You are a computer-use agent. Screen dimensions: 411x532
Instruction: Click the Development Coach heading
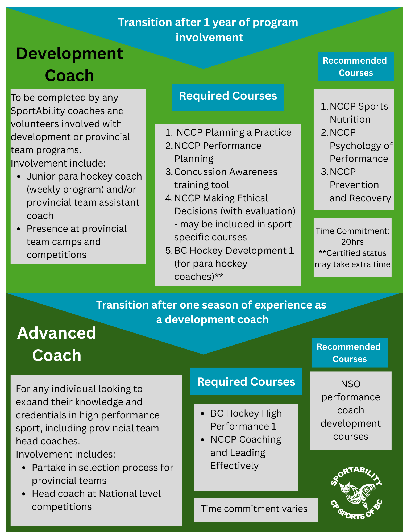point(70,64)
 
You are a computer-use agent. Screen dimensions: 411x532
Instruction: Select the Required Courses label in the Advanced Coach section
point(246,381)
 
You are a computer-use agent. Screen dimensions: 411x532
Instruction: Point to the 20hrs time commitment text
point(352,242)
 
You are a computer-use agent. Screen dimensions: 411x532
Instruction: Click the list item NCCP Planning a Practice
point(228,132)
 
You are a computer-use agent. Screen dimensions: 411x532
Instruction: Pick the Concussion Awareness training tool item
point(221,178)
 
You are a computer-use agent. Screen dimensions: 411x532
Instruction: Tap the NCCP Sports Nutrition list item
point(354,113)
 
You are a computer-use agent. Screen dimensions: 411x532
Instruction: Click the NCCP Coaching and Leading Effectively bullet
point(241,452)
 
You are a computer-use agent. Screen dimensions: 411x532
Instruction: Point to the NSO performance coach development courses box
point(351,411)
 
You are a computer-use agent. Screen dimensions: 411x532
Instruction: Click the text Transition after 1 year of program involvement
point(208,30)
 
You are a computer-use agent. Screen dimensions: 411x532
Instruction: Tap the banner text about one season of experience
point(211,312)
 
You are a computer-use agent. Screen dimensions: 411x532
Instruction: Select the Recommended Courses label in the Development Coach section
point(356,66)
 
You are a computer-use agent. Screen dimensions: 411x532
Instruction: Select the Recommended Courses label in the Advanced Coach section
point(350,353)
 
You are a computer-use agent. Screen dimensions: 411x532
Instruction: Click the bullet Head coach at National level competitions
point(92,500)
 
